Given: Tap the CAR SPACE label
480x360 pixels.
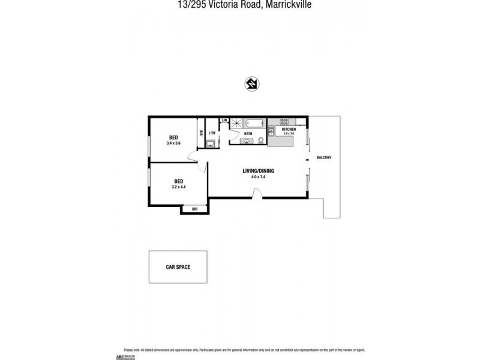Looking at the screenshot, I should click(178, 267).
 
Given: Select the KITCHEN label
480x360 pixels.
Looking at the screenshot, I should click(289, 129).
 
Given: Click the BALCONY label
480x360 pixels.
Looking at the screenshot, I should click(324, 158).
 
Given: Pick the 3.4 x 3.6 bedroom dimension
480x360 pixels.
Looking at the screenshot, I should click(174, 143).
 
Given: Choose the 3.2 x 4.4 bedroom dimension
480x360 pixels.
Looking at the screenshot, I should click(178, 187).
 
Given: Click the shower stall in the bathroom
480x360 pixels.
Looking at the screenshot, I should click(236, 124).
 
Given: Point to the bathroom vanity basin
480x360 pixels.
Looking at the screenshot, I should click(247, 142).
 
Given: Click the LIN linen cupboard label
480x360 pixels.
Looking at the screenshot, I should click(224, 121).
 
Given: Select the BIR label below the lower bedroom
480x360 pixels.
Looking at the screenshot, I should click(194, 209).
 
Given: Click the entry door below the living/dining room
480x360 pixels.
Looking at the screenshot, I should click(256, 194).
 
